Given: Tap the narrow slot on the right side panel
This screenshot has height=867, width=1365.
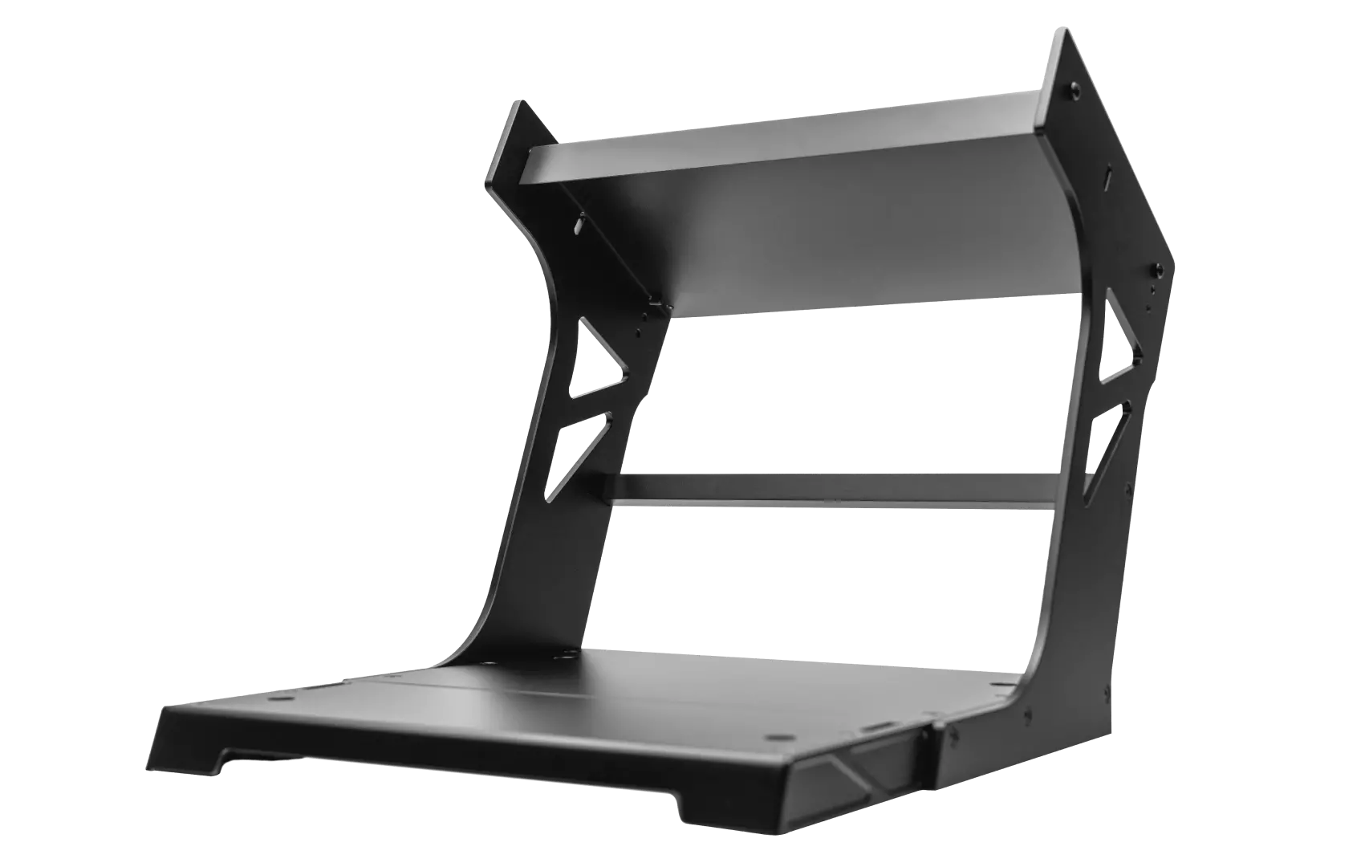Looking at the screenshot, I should tap(1107, 175).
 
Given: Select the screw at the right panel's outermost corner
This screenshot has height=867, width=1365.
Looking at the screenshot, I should tap(1158, 268).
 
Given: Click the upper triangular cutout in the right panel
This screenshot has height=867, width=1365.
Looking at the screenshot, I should tap(1119, 341).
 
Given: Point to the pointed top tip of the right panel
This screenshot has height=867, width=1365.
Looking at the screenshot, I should tap(1066, 33).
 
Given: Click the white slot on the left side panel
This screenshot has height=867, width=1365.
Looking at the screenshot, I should tap(577, 228).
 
